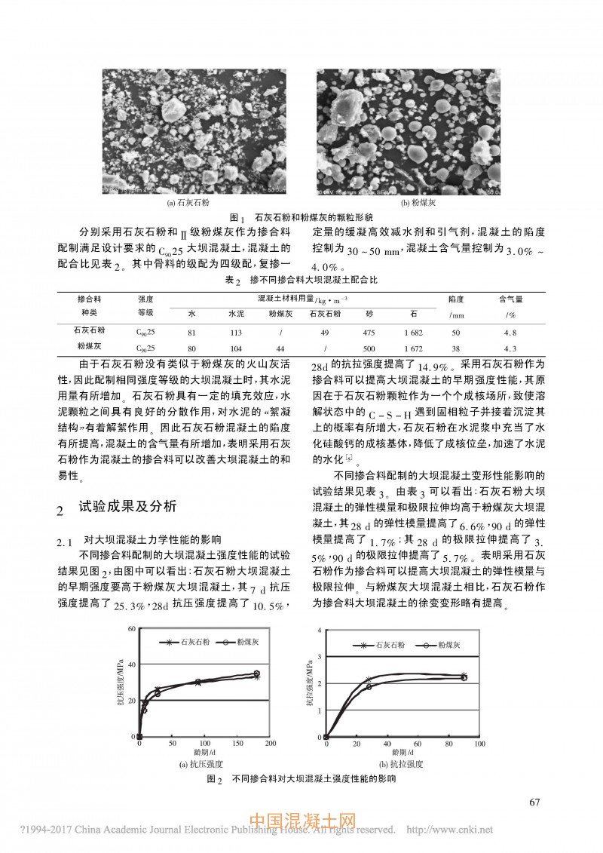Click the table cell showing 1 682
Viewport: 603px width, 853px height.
point(415,330)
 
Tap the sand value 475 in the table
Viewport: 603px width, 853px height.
point(369,330)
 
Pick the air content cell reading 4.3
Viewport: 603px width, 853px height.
point(509,348)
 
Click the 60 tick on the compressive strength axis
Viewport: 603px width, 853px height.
point(131,628)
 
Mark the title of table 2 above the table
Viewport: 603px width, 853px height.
point(301,280)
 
